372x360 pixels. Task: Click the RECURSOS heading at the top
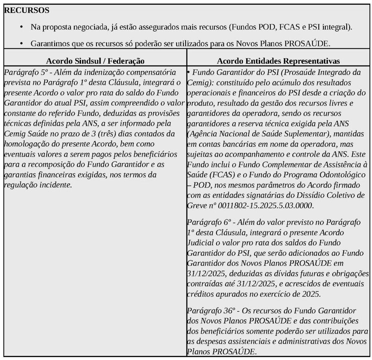(x=27, y=10)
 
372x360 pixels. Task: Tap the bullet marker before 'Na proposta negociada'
(x=22, y=27)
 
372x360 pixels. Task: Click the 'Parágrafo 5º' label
(x=23, y=72)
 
